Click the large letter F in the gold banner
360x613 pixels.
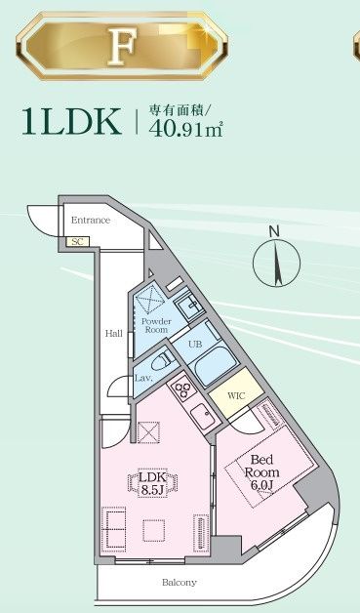coord(121,44)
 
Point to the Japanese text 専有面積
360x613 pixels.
coord(177,109)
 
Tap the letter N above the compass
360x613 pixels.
coord(275,231)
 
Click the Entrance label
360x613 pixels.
coord(91,221)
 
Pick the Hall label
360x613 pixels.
coord(114,334)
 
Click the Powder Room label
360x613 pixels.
coord(156,326)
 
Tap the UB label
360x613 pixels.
coord(195,344)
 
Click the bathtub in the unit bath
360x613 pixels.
coord(210,369)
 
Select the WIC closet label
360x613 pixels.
coord(235,395)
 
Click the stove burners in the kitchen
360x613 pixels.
coord(182,390)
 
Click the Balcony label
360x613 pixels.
coord(180,583)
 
